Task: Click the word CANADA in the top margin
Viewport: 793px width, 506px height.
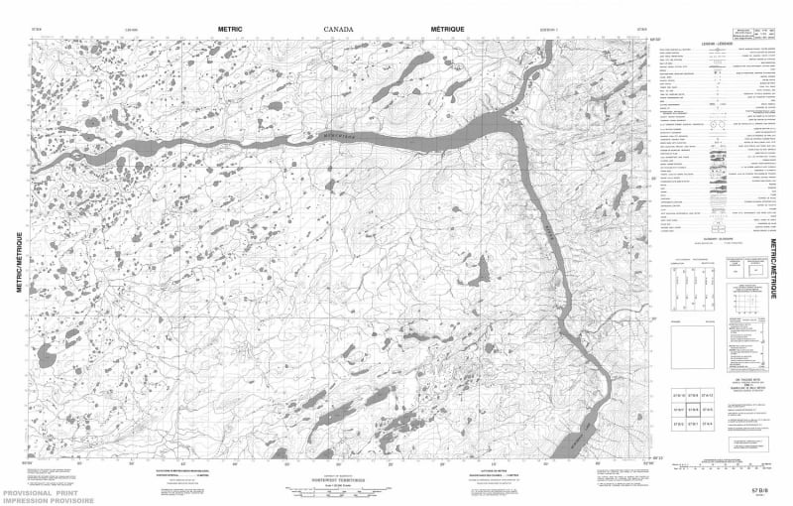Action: (338, 30)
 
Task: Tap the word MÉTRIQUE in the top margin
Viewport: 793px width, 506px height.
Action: (454, 30)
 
